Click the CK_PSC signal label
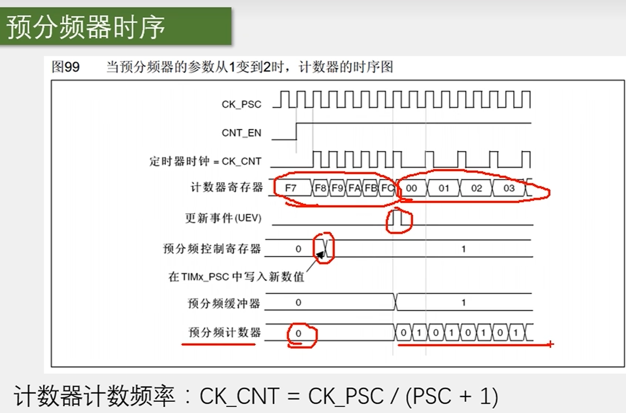[241, 104]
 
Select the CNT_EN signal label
[241, 133]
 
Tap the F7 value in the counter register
[291, 188]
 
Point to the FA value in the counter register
[354, 188]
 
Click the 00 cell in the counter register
[411, 188]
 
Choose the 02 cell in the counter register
[476, 188]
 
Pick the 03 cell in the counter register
[509, 188]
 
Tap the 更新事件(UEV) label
[223, 218]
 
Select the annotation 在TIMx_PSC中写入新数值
[236, 277]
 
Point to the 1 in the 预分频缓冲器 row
[463, 302]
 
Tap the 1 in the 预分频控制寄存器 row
[463, 249]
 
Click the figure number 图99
[66, 67]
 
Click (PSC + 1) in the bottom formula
[452, 396]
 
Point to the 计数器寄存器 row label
[227, 187]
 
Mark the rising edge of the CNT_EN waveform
[296, 131]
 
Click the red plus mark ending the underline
[550, 344]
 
